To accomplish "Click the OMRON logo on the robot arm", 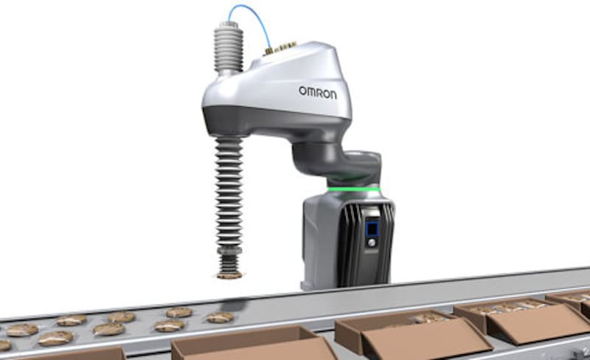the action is point(318,93).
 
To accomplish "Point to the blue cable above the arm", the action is point(251,25).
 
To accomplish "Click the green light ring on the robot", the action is point(354,190).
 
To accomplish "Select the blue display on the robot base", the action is point(372,228).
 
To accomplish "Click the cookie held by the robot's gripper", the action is point(229,276).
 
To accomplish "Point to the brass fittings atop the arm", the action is point(280,47).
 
